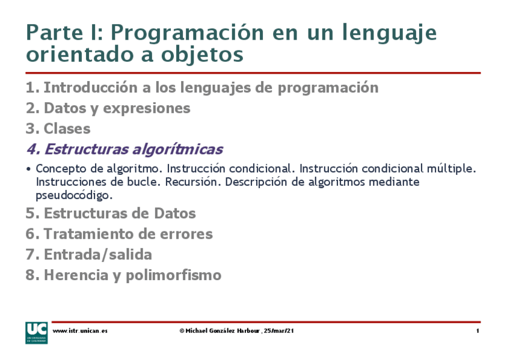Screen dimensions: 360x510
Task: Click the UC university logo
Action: pyautogui.click(x=35, y=332)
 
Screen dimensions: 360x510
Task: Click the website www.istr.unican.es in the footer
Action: pyautogui.click(x=80, y=331)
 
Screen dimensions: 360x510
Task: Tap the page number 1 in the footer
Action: pyautogui.click(x=477, y=331)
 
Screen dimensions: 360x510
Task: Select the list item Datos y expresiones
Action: pyautogui.click(x=117, y=109)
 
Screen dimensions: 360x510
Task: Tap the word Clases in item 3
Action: pyautogui.click(x=67, y=129)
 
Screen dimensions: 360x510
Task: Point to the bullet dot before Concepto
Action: pyautogui.click(x=29, y=169)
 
